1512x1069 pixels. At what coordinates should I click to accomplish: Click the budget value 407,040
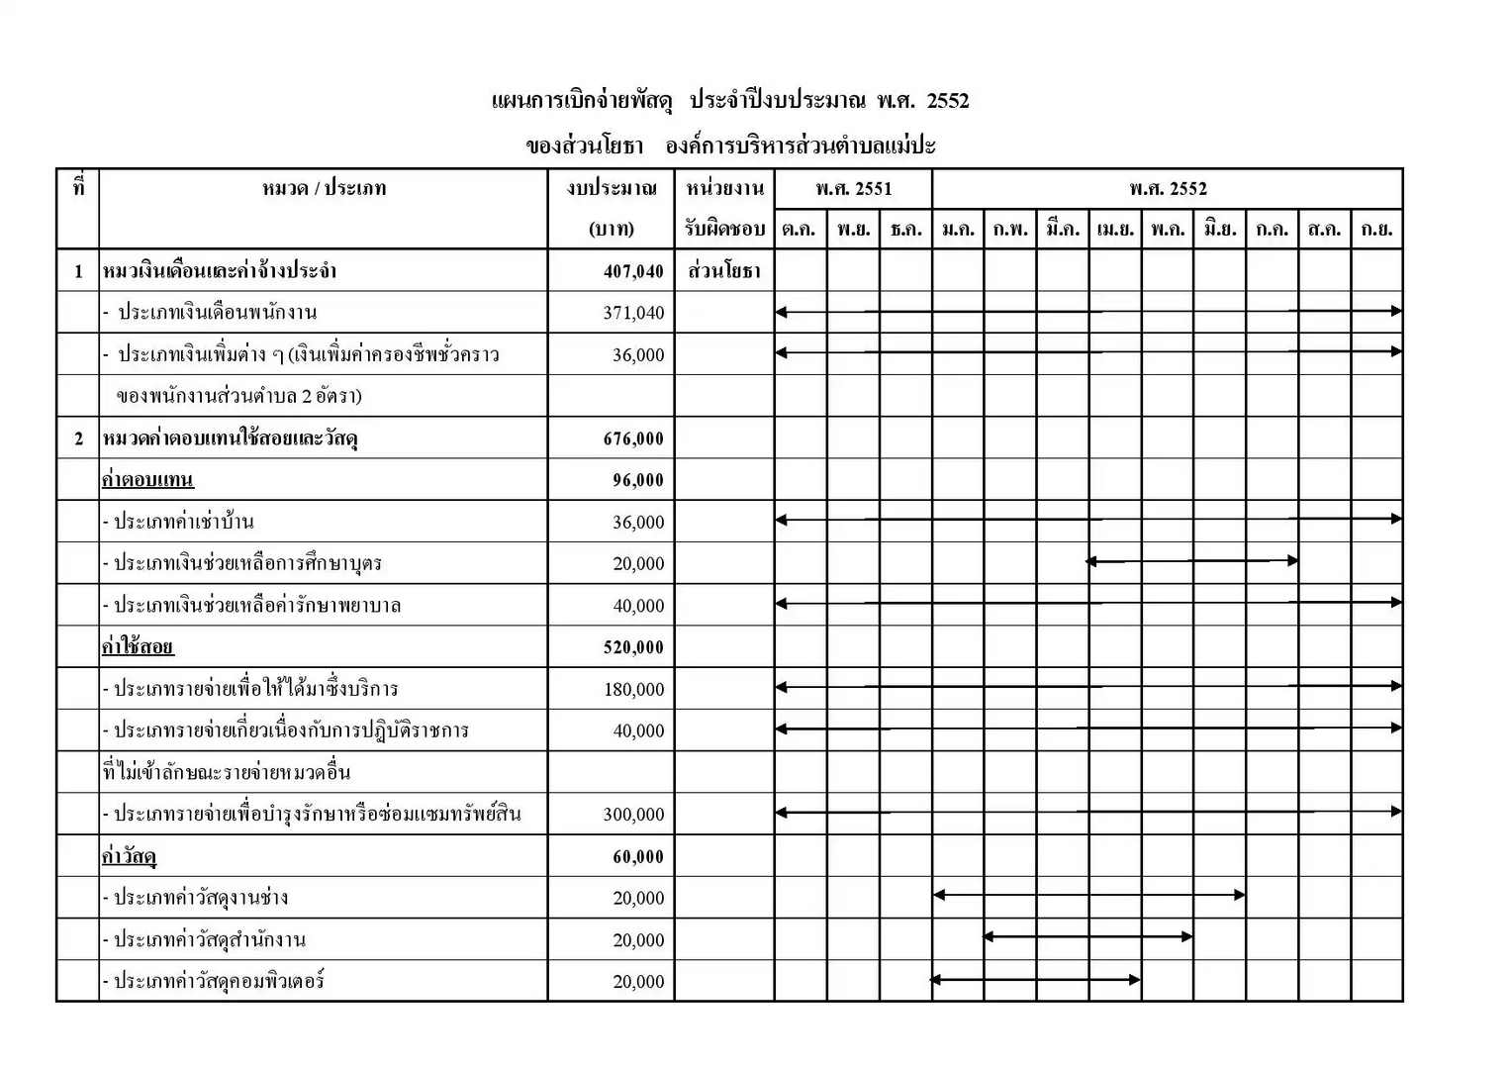633,271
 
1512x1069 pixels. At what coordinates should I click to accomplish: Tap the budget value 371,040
633,314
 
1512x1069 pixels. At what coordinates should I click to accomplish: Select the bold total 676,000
633,439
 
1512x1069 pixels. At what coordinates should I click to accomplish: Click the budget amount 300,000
633,815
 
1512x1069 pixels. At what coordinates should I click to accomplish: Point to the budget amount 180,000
633,690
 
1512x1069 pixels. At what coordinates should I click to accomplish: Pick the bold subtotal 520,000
633,648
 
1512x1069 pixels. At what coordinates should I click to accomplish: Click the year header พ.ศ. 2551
853,189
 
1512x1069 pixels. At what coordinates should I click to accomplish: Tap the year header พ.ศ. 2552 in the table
1168,189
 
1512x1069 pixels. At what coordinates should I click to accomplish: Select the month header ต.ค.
800,230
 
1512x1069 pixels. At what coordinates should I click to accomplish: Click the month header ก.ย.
1376,230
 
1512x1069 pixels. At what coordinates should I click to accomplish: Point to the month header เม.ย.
1115,230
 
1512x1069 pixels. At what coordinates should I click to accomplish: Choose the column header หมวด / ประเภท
324,189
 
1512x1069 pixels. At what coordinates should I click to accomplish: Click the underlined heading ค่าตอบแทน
147,481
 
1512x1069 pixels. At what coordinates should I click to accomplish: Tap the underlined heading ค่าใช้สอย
138,648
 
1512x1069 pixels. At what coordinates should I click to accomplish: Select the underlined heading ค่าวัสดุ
129,857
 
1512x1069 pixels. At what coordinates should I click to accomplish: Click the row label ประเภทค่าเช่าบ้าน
183,523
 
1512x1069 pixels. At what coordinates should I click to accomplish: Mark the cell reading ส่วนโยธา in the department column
723,271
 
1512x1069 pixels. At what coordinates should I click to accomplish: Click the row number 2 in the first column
78,439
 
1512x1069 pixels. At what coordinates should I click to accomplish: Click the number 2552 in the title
948,101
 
